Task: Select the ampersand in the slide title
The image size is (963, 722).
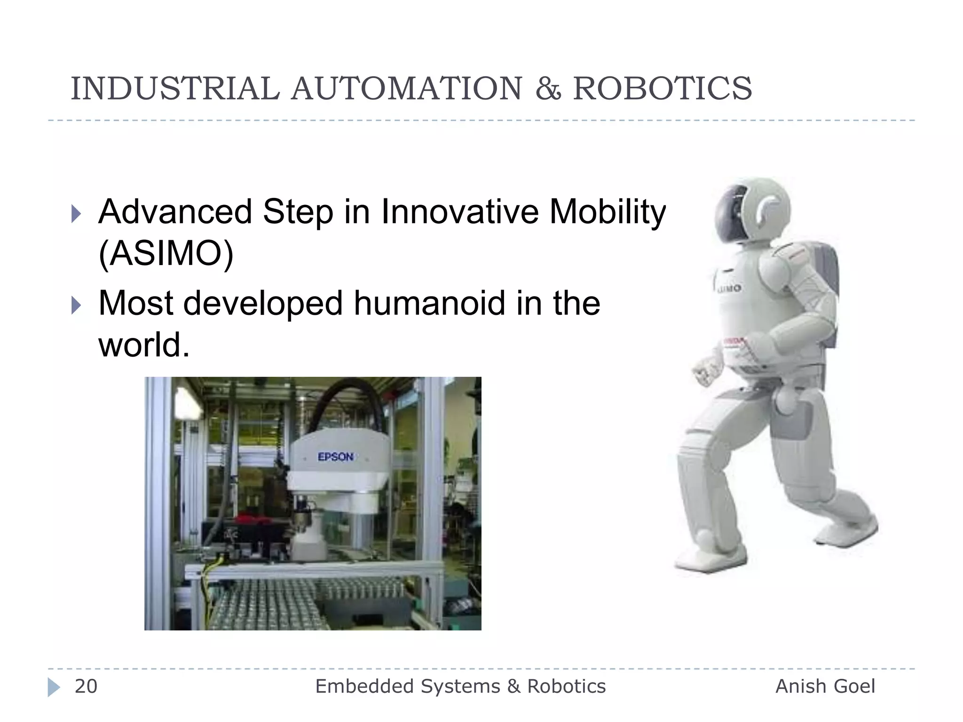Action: [x=548, y=89]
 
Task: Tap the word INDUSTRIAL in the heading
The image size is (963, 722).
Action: [x=174, y=88]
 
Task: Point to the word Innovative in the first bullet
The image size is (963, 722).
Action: [x=460, y=212]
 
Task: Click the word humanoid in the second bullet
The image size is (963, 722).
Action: [x=429, y=303]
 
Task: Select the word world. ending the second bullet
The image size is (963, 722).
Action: [x=143, y=345]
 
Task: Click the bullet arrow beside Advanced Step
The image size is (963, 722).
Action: [x=76, y=214]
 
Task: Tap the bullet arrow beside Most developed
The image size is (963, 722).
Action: [x=76, y=306]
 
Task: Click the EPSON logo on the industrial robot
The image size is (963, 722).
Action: [x=335, y=456]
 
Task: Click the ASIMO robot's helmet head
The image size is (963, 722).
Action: [x=752, y=212]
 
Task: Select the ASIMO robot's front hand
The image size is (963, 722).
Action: [x=705, y=369]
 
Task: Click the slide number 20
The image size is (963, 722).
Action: [x=86, y=686]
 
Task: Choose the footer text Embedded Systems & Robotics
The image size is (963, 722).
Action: [x=460, y=686]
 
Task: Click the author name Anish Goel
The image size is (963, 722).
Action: [x=825, y=686]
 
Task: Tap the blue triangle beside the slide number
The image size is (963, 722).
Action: [x=54, y=687]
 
